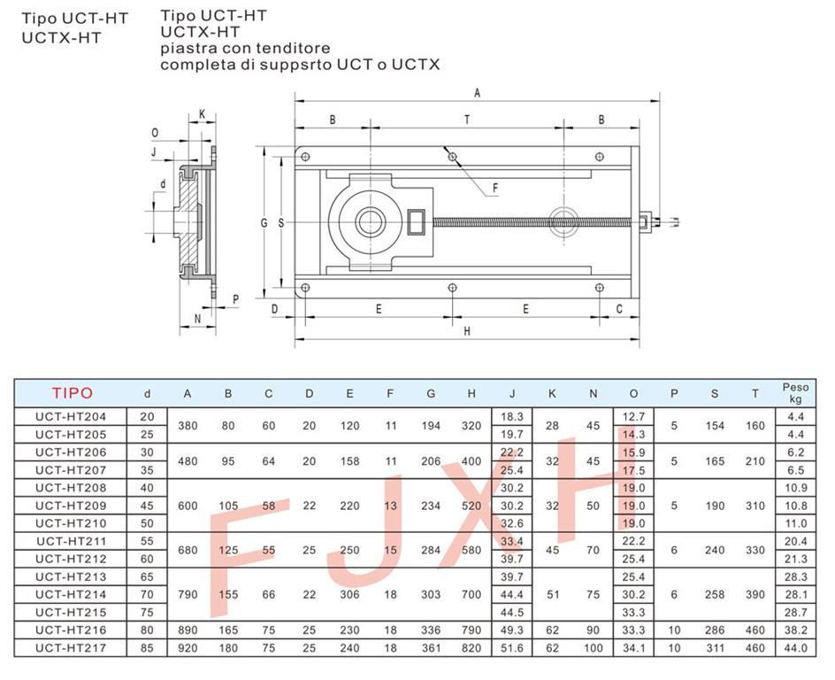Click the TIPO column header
[x=73, y=393]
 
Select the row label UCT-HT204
[x=71, y=417]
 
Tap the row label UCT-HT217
[x=71, y=648]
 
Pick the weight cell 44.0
[x=795, y=648]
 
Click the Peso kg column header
[x=795, y=393]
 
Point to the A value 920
[x=188, y=648]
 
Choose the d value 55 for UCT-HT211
[x=147, y=542]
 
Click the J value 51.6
[x=512, y=648]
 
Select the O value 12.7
[x=633, y=417]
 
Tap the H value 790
[x=471, y=630]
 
